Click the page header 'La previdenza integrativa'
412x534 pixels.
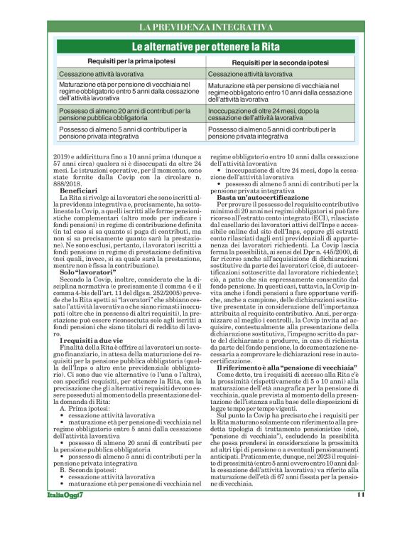tap(206, 28)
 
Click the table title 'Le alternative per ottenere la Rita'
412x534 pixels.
tap(206, 47)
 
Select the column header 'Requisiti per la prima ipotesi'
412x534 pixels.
tap(127, 63)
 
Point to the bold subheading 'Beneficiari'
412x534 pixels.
tap(79, 191)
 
